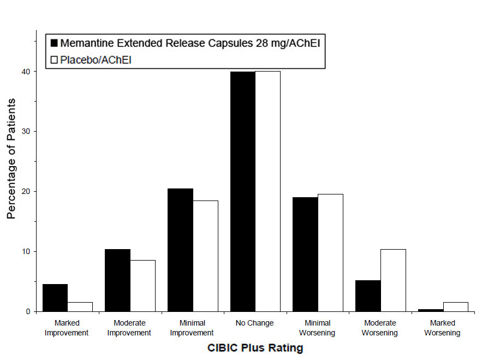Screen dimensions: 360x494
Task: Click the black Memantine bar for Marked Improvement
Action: pos(55,298)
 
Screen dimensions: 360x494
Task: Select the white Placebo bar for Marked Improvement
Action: pos(80,306)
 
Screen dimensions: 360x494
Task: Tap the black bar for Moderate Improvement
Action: pos(117,280)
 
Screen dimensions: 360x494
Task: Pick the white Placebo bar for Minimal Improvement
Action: pos(205,256)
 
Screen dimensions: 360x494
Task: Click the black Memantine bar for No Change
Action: pos(242,191)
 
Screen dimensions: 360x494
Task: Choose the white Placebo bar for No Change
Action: pos(267,191)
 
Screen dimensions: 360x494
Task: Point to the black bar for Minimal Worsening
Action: pos(305,254)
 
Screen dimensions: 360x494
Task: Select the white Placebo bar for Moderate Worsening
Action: pos(393,280)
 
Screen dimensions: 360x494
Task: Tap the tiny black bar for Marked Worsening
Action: pos(430,310)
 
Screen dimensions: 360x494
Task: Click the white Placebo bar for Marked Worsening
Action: pos(455,306)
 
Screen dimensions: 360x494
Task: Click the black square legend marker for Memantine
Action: pos(54,43)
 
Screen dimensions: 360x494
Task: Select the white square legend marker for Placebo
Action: pos(54,60)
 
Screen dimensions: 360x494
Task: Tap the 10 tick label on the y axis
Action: pos(27,251)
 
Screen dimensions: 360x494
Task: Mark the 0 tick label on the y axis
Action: pos(29,311)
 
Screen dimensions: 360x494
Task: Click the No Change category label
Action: pos(255,323)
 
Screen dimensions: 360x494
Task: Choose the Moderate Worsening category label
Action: pos(380,328)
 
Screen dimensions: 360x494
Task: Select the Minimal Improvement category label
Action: pos(192,328)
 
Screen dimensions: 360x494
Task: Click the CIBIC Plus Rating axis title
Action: pos(255,347)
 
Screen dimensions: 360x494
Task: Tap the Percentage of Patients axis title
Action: pos(11,158)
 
